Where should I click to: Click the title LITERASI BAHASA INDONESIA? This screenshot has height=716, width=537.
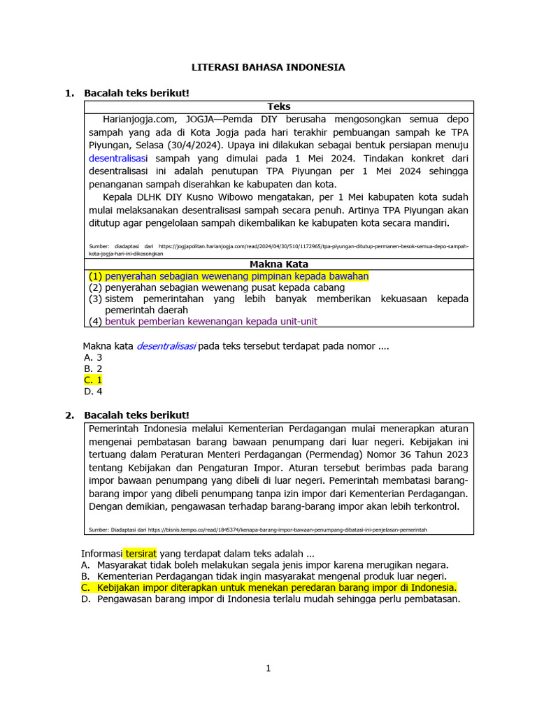[x=268, y=68]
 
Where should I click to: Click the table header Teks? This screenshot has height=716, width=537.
[x=279, y=106]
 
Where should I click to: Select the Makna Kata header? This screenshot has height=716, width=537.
[x=279, y=264]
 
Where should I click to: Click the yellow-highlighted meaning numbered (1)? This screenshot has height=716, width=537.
[x=236, y=276]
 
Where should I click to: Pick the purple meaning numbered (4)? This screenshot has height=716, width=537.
[x=210, y=321]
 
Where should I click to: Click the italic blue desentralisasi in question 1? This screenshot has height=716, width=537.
[x=166, y=345]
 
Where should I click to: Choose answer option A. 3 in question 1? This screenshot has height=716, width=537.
[x=93, y=357]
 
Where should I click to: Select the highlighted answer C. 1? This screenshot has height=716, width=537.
[x=93, y=380]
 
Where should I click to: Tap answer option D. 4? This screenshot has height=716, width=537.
[x=93, y=392]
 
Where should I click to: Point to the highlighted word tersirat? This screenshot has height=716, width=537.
[x=140, y=552]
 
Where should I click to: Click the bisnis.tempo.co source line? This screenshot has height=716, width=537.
[x=258, y=530]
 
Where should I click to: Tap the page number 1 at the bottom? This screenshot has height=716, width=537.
[x=268, y=668]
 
